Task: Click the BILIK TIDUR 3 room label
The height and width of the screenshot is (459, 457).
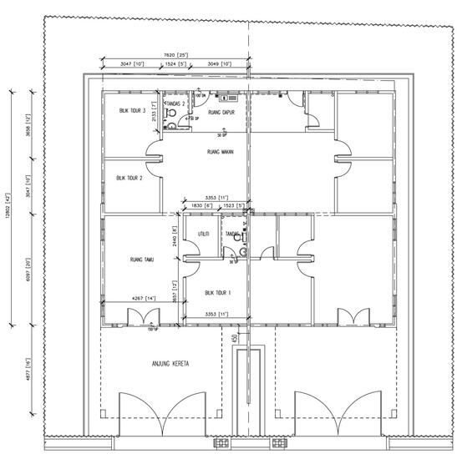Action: coord(133,110)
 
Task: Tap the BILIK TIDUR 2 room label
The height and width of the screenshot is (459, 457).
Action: coord(129,177)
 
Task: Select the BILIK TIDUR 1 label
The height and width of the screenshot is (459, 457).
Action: coord(217,293)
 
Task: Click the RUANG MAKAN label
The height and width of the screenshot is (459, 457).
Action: coord(219,153)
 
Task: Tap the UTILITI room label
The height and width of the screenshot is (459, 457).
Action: coord(202,235)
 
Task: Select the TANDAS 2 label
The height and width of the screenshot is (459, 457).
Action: coord(175,103)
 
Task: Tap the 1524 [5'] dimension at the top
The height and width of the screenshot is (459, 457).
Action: coord(176,64)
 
